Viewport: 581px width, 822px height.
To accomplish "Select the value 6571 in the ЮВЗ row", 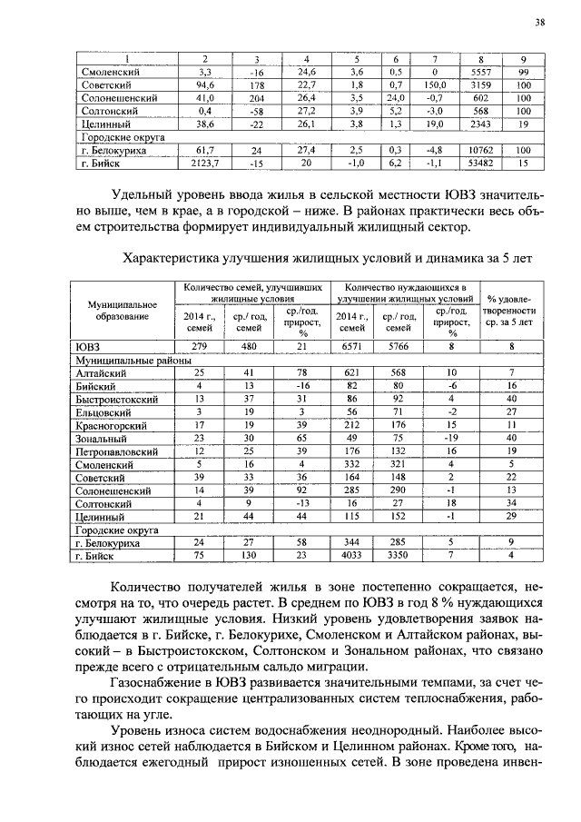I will (350, 347).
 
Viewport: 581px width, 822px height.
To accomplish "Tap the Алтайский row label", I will (102, 373).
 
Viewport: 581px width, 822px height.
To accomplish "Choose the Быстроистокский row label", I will (118, 399).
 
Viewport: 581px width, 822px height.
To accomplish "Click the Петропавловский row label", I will (118, 451).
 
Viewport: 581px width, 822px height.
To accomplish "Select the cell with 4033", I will (350, 554).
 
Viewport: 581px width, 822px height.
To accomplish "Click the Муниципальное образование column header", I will (119, 310).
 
